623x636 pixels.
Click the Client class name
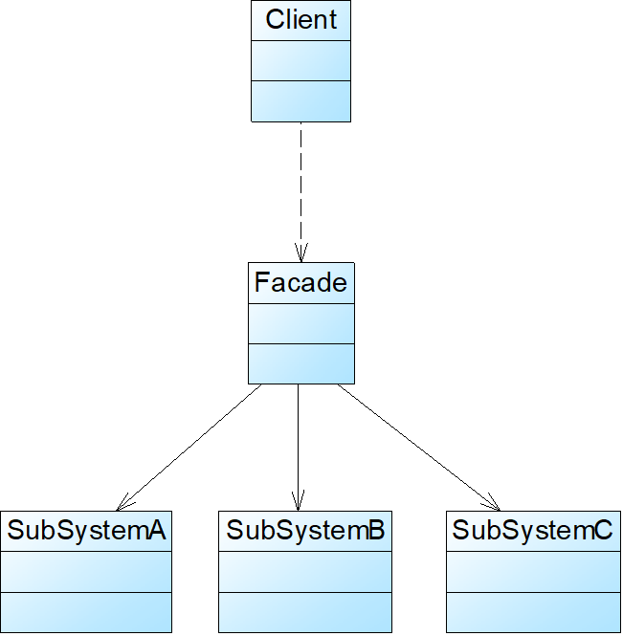300,19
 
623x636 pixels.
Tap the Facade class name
300,282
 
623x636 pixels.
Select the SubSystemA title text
87,531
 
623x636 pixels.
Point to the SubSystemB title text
305,531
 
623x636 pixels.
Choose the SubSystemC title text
532,531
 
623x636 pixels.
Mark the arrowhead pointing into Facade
300,253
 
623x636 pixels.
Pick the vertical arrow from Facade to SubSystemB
298,440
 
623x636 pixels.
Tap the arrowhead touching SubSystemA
122,504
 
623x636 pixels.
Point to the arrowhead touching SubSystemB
298,501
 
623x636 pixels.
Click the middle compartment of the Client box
300,60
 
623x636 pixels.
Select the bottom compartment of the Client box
300,100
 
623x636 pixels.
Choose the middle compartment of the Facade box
300,323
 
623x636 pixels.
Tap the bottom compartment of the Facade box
300,362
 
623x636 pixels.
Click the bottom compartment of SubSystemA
86,612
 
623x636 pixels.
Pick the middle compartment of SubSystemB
305,571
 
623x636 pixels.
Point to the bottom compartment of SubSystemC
532,612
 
